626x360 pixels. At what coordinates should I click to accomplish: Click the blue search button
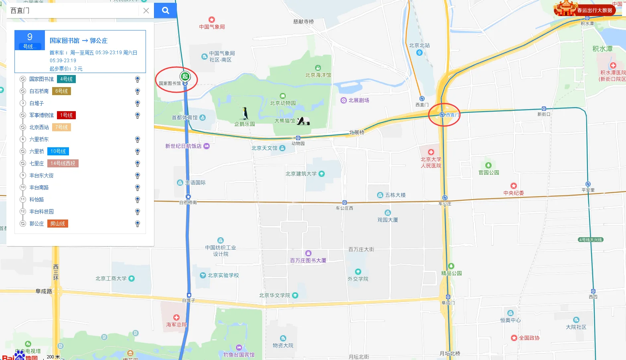tap(165, 10)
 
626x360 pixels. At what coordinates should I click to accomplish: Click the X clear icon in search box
tap(146, 11)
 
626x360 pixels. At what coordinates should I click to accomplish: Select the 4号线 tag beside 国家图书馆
tap(66, 79)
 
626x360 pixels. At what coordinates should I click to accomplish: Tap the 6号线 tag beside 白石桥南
tap(61, 91)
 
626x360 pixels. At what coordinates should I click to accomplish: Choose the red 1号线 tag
tap(66, 115)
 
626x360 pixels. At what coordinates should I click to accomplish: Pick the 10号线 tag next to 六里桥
tap(58, 151)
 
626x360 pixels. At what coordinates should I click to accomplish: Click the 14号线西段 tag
tap(63, 163)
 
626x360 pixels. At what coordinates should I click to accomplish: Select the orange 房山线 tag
tap(57, 224)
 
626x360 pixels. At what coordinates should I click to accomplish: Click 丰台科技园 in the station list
tap(41, 212)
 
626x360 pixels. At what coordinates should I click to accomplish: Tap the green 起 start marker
tap(184, 76)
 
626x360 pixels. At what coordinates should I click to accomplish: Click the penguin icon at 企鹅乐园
tap(245, 113)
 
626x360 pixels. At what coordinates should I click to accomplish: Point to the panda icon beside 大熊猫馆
tap(303, 120)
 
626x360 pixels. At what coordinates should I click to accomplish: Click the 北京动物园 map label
tap(283, 103)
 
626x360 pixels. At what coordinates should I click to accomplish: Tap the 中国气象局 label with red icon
tap(212, 26)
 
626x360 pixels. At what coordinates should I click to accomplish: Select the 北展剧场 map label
tap(359, 100)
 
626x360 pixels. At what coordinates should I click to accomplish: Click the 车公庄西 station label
tap(344, 208)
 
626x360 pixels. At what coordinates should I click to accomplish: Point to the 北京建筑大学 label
tap(301, 174)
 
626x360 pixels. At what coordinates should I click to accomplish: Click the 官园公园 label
tap(488, 173)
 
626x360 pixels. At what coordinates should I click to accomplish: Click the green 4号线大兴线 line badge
tap(591, 240)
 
